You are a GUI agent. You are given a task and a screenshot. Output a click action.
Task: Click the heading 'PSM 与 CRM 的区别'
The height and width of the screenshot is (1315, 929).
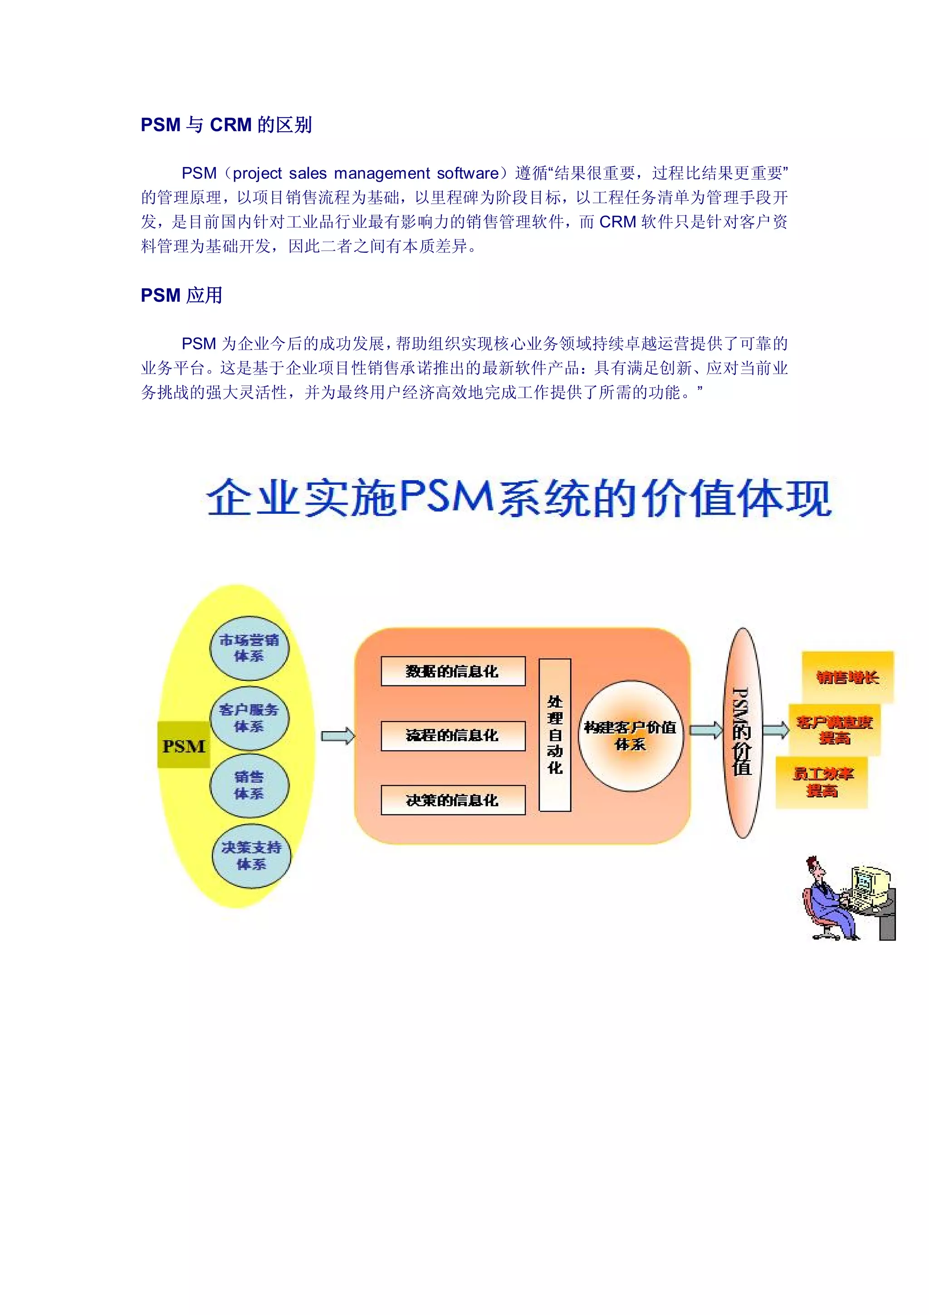226,125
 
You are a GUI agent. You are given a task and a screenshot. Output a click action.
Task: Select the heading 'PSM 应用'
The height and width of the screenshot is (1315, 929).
181,296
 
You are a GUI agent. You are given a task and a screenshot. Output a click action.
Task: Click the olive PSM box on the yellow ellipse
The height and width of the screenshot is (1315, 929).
184,746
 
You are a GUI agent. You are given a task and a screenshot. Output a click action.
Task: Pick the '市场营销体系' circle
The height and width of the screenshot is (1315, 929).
249,648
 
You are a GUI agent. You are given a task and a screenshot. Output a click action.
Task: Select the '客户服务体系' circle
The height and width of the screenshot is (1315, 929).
249,718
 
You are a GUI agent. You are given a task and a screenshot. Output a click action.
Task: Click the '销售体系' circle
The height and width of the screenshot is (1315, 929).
249,785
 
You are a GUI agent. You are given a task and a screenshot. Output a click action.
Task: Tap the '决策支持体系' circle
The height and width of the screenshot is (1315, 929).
251,856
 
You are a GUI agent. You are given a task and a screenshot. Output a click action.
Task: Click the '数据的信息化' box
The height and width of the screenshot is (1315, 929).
453,671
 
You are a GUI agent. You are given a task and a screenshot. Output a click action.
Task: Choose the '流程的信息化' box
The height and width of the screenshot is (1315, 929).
453,735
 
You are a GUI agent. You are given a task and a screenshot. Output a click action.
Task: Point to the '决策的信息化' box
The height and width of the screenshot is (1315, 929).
453,800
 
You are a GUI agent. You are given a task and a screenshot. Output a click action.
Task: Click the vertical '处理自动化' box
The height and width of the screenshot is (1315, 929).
555,735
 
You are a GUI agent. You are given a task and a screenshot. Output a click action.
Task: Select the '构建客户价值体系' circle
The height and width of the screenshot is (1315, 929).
630,736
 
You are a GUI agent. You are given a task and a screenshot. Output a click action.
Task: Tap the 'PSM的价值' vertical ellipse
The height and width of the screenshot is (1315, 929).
743,733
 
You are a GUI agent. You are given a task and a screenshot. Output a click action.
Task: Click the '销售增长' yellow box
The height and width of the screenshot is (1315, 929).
848,678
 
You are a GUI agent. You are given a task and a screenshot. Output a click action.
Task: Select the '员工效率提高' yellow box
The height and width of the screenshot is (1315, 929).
822,783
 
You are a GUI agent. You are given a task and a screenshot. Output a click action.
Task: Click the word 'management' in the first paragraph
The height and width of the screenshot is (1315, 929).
382,173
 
